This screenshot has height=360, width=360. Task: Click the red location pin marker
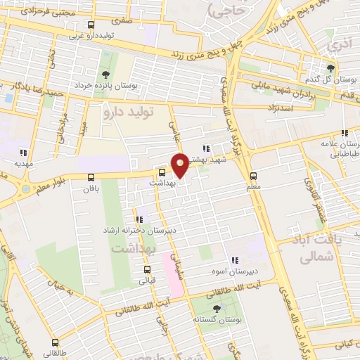pos(180,165)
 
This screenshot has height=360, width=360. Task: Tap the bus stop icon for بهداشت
pos(162,172)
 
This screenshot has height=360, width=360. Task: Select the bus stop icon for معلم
pos(254,176)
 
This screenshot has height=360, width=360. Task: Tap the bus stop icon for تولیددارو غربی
pos(71,25)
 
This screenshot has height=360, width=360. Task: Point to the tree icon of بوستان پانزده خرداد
pos(105,74)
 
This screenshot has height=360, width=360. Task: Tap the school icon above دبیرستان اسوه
pos(234,260)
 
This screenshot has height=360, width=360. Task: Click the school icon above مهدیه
pos(23,152)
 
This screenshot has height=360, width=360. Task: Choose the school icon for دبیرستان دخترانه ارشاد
pos(137,219)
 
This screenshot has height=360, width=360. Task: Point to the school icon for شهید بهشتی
pos(205,148)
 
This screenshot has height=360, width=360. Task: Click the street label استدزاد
pos(262,108)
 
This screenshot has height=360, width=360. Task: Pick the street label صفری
pos(122,21)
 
